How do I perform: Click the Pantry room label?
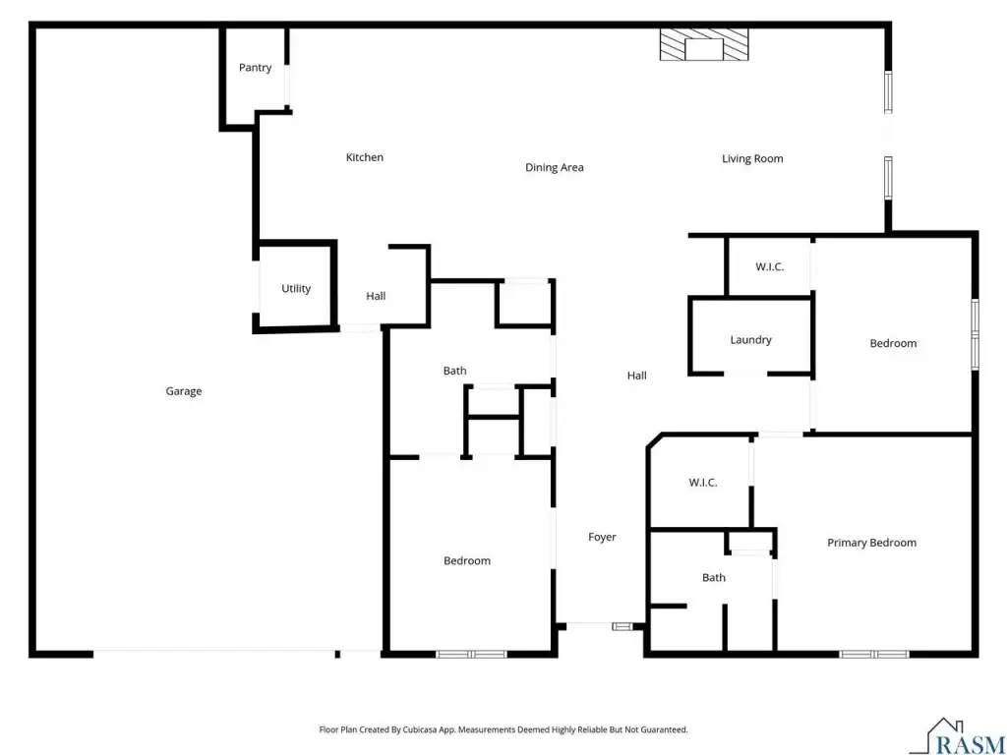pyautogui.click(x=255, y=68)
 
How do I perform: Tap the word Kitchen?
pyautogui.click(x=365, y=157)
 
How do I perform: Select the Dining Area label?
pyautogui.click(x=555, y=167)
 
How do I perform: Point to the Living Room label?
pyautogui.click(x=752, y=158)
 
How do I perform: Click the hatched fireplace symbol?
pyautogui.click(x=704, y=45)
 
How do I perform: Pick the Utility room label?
pyautogui.click(x=296, y=289)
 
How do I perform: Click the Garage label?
pyautogui.click(x=184, y=391)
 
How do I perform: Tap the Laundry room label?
pyautogui.click(x=750, y=339)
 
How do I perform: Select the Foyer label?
pyautogui.click(x=603, y=537)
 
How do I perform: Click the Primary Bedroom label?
pyautogui.click(x=871, y=543)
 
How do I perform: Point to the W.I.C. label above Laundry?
pyautogui.click(x=769, y=266)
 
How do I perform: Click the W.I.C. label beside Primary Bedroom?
pyautogui.click(x=702, y=482)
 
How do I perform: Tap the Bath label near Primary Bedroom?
pyautogui.click(x=714, y=578)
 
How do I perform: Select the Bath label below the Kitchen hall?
pyautogui.click(x=454, y=371)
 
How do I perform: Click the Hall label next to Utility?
pyautogui.click(x=376, y=296)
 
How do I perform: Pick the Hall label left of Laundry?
pyautogui.click(x=637, y=376)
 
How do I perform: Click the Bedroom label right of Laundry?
pyautogui.click(x=893, y=343)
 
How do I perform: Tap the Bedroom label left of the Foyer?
pyautogui.click(x=467, y=560)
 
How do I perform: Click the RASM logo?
pyautogui.click(x=958, y=737)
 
